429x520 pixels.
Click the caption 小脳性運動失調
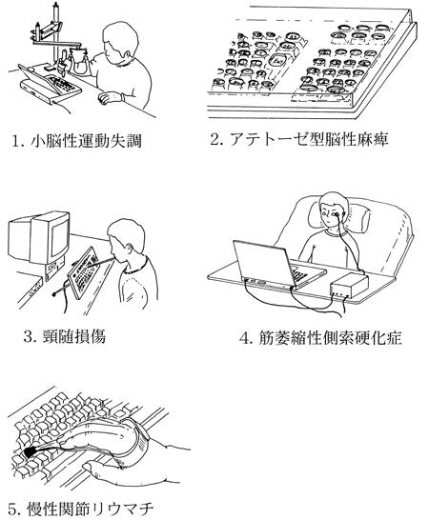[86, 140]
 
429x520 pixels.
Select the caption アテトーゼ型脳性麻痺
[309, 139]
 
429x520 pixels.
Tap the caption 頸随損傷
[74, 336]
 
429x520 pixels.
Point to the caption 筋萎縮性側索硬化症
[330, 338]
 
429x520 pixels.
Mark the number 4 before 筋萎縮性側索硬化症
[245, 339]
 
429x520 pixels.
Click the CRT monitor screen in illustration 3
[60, 237]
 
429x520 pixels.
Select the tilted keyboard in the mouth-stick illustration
[83, 272]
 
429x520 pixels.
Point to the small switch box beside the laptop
[350, 284]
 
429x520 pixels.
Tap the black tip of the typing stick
[31, 451]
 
